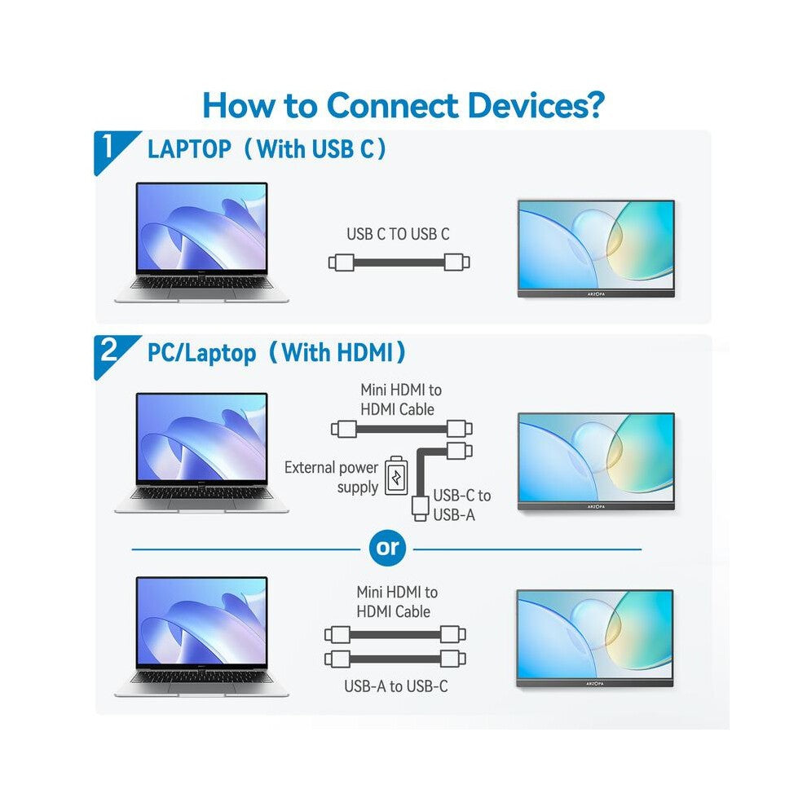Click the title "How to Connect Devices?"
(x=403, y=105)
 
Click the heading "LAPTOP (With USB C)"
(x=267, y=148)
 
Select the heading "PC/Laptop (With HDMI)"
(x=276, y=353)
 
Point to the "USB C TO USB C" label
(x=398, y=234)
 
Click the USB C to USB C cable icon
(x=399, y=262)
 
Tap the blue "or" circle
(x=387, y=548)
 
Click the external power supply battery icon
(x=396, y=476)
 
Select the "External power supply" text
(x=332, y=477)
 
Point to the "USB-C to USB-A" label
(x=462, y=505)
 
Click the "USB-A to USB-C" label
(x=396, y=686)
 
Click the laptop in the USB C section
(x=201, y=242)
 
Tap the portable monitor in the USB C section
(x=596, y=249)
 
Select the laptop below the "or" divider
(x=201, y=637)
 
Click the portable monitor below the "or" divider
(x=595, y=638)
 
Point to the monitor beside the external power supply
(x=596, y=461)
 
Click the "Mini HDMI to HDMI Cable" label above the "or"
(x=401, y=399)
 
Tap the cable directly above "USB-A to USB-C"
(x=395, y=659)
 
